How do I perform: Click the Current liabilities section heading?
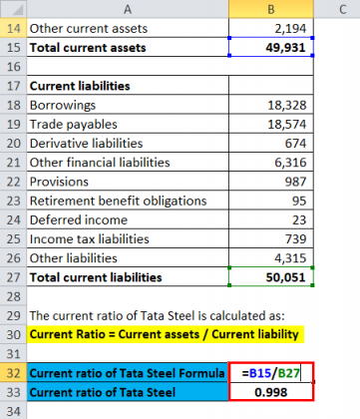(x=81, y=86)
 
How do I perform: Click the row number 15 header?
(x=13, y=47)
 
